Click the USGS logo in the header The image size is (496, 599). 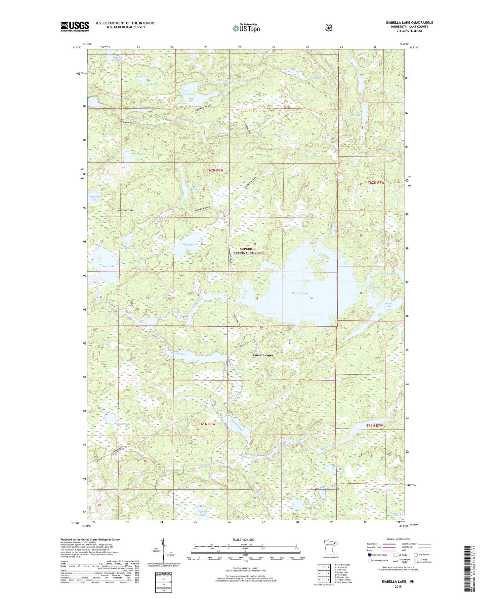point(75,26)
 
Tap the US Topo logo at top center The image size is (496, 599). point(246,28)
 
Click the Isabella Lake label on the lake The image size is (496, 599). point(300,293)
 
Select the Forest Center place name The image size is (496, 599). point(263,355)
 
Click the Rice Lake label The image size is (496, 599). point(108,266)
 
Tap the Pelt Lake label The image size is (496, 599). point(188,244)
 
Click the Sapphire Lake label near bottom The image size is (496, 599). point(203,513)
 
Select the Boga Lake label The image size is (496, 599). point(388,304)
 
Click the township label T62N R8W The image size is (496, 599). point(215,170)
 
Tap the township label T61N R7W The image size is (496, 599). point(374,426)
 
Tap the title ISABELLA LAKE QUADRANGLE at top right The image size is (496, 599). point(409,22)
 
